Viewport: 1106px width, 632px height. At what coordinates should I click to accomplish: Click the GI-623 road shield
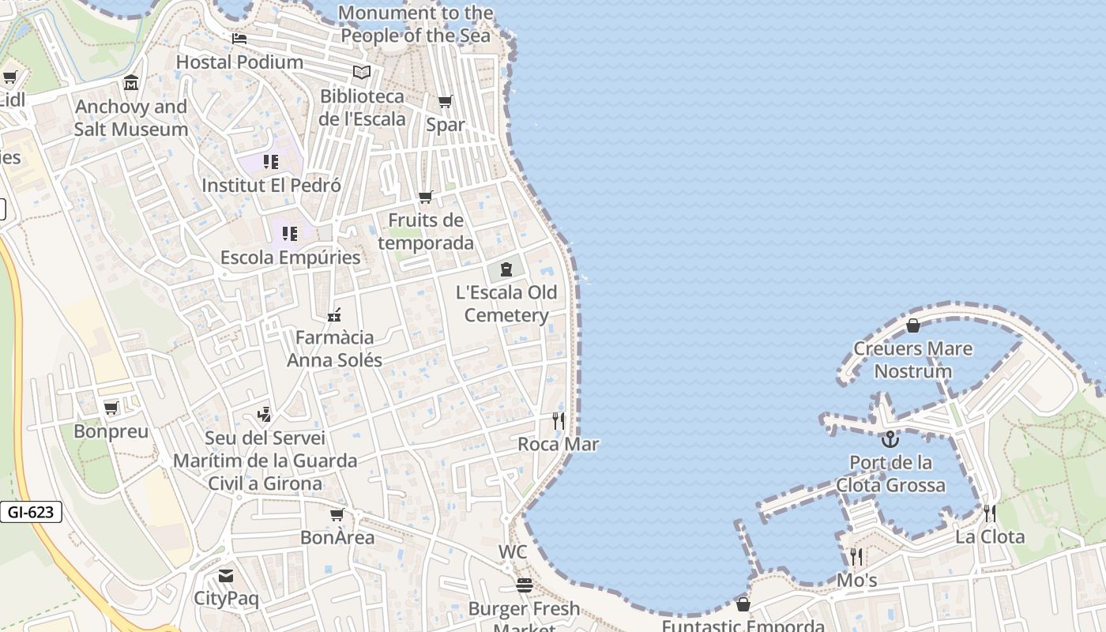[31, 512]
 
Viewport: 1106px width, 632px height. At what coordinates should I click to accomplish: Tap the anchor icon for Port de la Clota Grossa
[890, 439]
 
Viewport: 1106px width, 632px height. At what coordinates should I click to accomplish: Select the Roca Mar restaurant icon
[559, 420]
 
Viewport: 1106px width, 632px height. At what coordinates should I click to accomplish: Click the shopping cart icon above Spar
[446, 102]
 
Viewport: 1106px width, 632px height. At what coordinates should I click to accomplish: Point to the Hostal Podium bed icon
[239, 38]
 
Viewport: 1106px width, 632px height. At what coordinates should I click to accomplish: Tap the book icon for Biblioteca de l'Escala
[362, 73]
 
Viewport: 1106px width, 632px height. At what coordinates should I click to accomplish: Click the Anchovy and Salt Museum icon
[131, 83]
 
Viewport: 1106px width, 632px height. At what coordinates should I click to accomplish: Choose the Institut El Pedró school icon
[271, 162]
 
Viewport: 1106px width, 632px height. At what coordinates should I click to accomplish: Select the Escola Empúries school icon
[290, 234]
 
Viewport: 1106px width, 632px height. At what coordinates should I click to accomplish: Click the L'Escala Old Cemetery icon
[506, 269]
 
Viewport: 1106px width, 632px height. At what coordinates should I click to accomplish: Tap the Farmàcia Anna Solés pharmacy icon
[334, 314]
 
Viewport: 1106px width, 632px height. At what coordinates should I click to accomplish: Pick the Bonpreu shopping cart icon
[111, 408]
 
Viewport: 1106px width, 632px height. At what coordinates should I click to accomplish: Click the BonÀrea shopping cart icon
[337, 515]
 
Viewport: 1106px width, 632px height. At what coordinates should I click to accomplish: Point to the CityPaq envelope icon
[226, 576]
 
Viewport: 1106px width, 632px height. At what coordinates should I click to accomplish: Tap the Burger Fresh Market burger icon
[524, 585]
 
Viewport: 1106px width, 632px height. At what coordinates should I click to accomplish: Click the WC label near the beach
[513, 551]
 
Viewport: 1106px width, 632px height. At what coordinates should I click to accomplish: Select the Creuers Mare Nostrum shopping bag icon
[913, 325]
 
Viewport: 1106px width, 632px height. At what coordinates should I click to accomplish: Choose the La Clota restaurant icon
[990, 513]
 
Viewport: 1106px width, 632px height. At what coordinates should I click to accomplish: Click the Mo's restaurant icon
[856, 557]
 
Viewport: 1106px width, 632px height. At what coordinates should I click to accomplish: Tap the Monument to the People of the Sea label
[416, 24]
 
